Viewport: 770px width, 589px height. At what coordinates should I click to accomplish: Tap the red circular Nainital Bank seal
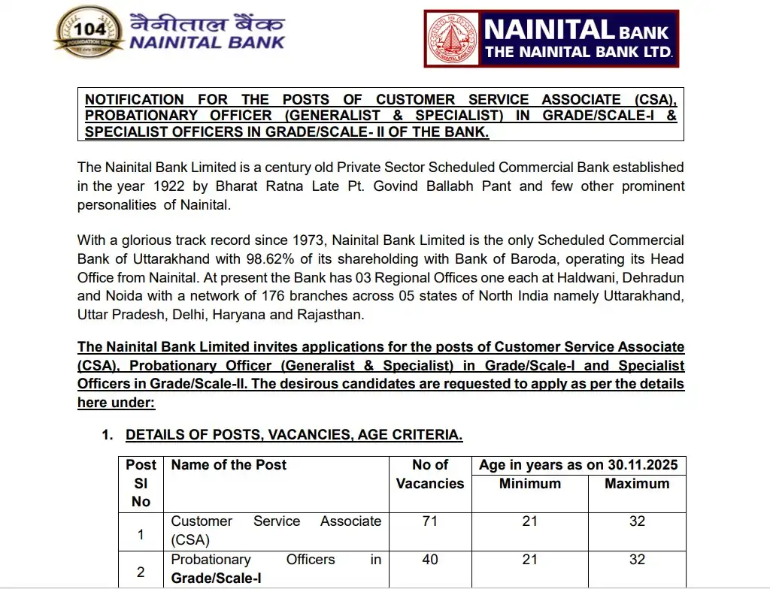point(452,38)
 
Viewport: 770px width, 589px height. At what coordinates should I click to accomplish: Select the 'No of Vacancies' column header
point(430,474)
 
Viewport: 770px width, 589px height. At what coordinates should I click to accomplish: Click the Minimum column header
point(529,484)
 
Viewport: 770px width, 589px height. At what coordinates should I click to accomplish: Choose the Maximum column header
point(636,484)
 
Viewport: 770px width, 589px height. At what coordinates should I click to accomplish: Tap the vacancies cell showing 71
point(430,521)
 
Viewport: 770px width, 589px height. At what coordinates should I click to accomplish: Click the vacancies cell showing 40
point(430,560)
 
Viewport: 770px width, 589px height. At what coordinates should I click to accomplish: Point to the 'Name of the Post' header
point(229,465)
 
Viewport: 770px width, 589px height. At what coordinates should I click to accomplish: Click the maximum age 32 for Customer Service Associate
point(637,521)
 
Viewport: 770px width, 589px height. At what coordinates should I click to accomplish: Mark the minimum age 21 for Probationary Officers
point(529,560)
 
